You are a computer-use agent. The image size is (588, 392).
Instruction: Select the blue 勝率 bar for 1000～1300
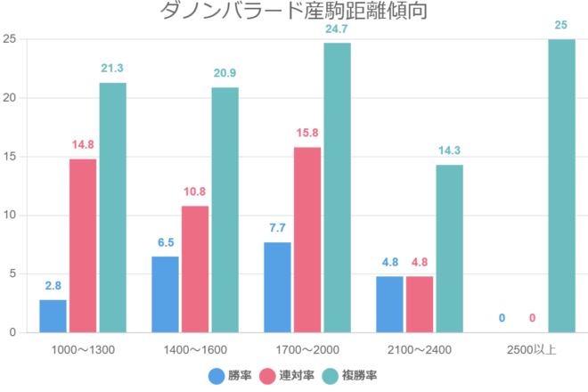(x=53, y=316)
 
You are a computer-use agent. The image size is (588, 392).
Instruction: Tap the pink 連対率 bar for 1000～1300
(x=83, y=246)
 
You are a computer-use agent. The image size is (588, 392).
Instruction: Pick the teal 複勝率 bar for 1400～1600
(x=225, y=210)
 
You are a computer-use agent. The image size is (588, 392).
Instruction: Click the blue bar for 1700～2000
(x=277, y=288)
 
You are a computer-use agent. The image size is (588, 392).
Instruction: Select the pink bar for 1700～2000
(x=307, y=240)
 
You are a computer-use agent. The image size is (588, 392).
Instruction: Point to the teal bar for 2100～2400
(x=449, y=249)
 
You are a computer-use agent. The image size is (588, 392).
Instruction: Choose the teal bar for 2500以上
(x=561, y=186)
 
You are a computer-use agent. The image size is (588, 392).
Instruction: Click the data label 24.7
(x=337, y=29)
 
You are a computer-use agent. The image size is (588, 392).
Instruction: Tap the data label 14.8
(x=83, y=145)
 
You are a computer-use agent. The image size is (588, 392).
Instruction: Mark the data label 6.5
(x=165, y=242)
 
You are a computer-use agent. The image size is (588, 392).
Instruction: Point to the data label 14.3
(x=449, y=151)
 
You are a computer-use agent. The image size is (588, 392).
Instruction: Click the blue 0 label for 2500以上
(x=502, y=318)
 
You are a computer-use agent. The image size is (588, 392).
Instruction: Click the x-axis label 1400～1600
(x=195, y=348)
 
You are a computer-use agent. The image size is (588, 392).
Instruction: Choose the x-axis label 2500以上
(x=532, y=348)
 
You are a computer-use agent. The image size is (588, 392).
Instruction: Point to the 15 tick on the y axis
(x=10, y=157)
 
